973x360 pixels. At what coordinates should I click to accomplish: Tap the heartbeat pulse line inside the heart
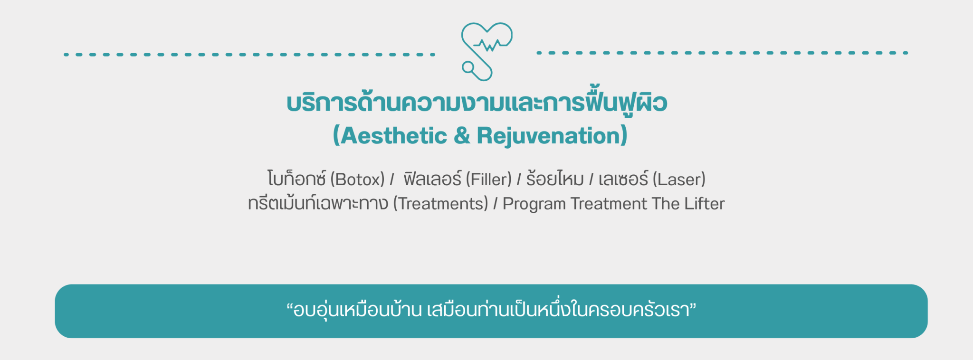[489, 45]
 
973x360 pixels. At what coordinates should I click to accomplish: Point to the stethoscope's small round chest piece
[468, 67]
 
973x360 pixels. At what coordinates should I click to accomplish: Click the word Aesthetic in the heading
[394, 136]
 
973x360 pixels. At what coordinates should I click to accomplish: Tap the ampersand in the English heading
[462, 136]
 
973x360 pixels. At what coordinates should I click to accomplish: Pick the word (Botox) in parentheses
[357, 180]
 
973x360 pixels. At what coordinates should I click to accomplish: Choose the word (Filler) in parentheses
[488, 180]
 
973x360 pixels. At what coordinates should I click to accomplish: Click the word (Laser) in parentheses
[679, 180]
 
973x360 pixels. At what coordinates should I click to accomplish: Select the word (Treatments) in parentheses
[440, 204]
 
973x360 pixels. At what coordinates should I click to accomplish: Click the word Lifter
[705, 203]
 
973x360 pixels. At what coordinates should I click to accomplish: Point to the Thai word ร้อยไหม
[555, 179]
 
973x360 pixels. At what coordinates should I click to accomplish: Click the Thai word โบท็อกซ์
[296, 179]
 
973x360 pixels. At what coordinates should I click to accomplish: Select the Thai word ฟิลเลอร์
[432, 179]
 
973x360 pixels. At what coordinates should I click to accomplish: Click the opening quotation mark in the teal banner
[289, 306]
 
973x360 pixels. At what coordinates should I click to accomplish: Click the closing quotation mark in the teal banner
[693, 306]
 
